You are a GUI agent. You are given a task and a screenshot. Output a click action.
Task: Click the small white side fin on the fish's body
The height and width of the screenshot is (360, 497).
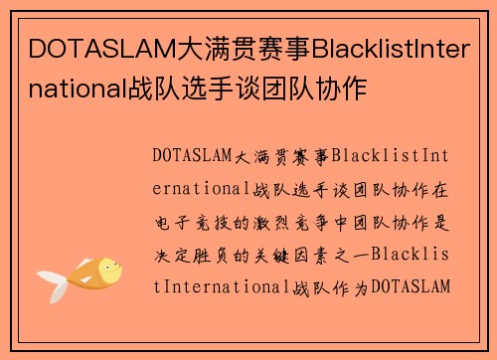tap(85, 279)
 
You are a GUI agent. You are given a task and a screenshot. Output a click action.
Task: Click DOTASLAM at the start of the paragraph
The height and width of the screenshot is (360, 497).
tap(193, 155)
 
